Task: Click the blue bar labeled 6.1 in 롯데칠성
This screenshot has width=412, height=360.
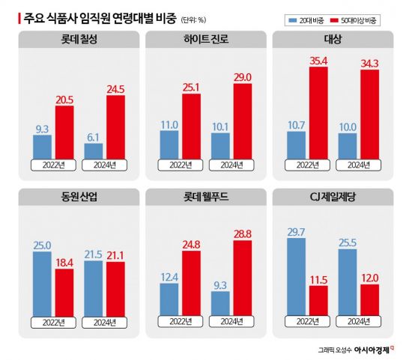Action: pyautogui.click(x=94, y=150)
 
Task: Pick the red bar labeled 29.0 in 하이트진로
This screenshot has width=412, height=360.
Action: pyautogui.click(x=242, y=120)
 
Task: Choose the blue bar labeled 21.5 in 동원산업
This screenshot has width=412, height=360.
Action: pyautogui.click(x=94, y=287)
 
